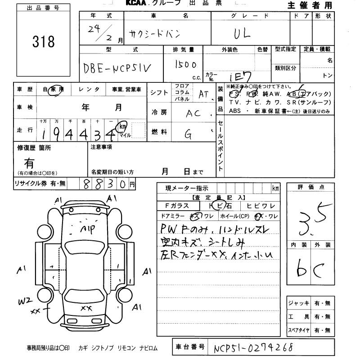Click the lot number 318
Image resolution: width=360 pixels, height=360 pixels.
pyautogui.click(x=43, y=42)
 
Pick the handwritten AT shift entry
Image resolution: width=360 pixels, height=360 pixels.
pyautogui.click(x=204, y=94)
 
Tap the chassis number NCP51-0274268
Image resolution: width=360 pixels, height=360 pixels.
pyautogui.click(x=253, y=348)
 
